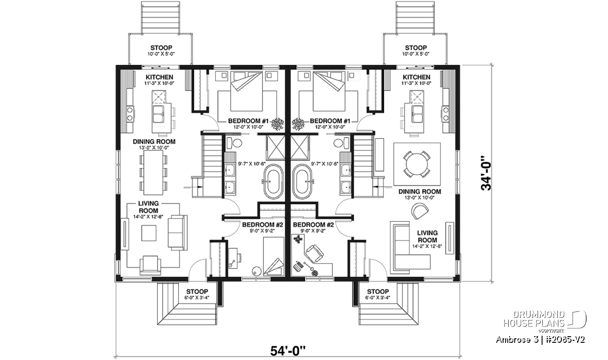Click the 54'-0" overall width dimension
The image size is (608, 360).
point(288,350)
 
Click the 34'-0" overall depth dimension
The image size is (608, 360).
point(486,173)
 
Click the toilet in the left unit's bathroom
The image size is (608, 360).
point(234,143)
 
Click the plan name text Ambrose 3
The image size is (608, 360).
point(513,340)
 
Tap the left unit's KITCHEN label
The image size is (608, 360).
point(159,77)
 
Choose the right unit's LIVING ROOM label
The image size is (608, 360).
point(427,236)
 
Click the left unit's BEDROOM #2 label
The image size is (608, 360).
point(262,225)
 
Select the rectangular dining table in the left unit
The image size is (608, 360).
point(154,173)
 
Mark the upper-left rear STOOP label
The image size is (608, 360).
point(161,48)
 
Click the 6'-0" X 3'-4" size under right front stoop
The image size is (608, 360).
point(377,298)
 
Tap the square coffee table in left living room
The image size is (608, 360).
point(149,233)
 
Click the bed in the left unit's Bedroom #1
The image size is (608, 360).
point(246,91)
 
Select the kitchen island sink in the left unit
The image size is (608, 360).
point(158,114)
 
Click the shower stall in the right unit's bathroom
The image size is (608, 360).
point(300,147)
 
